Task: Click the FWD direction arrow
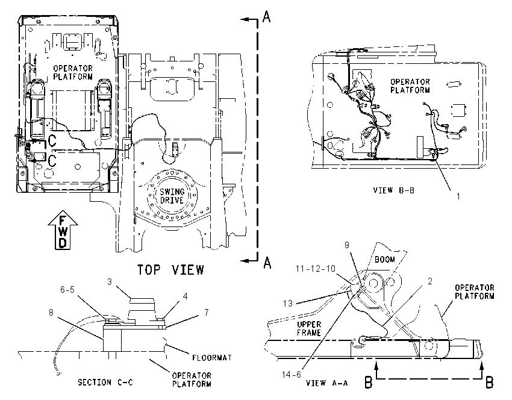[63, 230]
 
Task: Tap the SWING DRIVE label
[172, 196]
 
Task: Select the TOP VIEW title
[170, 270]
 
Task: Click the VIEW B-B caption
[394, 190]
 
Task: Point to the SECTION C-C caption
[105, 382]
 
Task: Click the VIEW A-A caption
[327, 383]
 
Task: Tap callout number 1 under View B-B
[458, 196]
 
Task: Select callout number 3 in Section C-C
[110, 281]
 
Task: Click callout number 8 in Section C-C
[51, 313]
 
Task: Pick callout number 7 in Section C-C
[207, 313]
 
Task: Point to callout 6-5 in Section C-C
[67, 290]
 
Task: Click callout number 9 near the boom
[347, 245]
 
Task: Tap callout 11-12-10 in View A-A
[316, 269]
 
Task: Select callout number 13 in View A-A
[288, 304]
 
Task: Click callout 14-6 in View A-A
[292, 375]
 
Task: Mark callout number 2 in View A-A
[430, 281]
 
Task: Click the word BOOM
[385, 260]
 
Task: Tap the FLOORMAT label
[212, 358]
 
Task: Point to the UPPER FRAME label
[309, 328]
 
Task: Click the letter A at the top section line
[267, 16]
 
